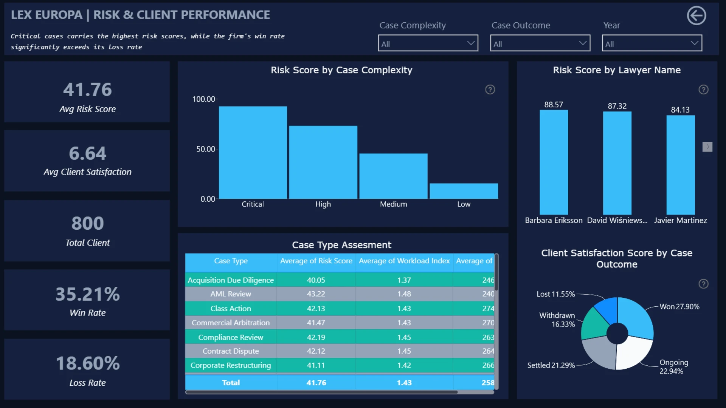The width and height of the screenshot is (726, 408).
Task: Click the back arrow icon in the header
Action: coord(697,15)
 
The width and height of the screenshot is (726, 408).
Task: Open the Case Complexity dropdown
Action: coord(428,43)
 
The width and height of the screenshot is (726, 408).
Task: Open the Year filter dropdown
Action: coord(652,43)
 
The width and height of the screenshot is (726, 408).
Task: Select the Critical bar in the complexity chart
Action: coord(253,153)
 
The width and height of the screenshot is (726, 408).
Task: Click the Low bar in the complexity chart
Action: coord(464,191)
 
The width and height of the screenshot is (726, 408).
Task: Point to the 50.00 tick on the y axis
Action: coord(205,149)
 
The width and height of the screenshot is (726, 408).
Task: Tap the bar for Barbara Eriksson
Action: coord(554,162)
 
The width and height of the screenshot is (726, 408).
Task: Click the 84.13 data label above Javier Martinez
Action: coord(680,110)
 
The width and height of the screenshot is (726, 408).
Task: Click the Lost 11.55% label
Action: coord(555,294)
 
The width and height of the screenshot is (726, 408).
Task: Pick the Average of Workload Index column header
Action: coord(404,261)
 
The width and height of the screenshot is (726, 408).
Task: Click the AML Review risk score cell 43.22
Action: coord(316,294)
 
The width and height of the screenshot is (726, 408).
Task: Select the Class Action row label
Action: coord(231,309)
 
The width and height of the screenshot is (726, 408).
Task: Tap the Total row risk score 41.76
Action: coord(316,383)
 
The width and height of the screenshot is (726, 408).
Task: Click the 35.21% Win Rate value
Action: coord(88,294)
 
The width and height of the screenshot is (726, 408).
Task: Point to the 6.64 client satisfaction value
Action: coord(88,153)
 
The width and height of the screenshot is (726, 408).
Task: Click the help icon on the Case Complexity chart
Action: coord(490,90)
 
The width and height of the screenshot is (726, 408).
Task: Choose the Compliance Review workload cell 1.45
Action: coord(404,337)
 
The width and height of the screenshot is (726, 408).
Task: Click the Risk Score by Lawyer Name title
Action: coord(617,70)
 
